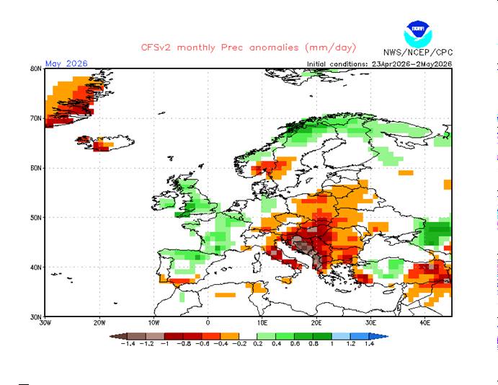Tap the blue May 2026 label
(66, 63)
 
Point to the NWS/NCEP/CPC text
(418, 53)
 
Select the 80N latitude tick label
(36, 68)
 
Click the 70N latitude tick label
(36, 118)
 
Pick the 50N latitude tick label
(36, 218)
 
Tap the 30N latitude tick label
(36, 317)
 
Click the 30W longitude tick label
(45, 323)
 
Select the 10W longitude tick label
(154, 323)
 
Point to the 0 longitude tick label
(208, 323)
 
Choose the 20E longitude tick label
(316, 323)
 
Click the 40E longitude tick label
(425, 323)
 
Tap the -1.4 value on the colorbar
(128, 343)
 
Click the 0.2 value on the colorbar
(257, 343)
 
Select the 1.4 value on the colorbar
(369, 343)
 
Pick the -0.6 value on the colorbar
(203, 343)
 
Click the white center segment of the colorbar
(248, 337)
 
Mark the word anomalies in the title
(274, 48)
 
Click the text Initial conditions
(337, 64)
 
